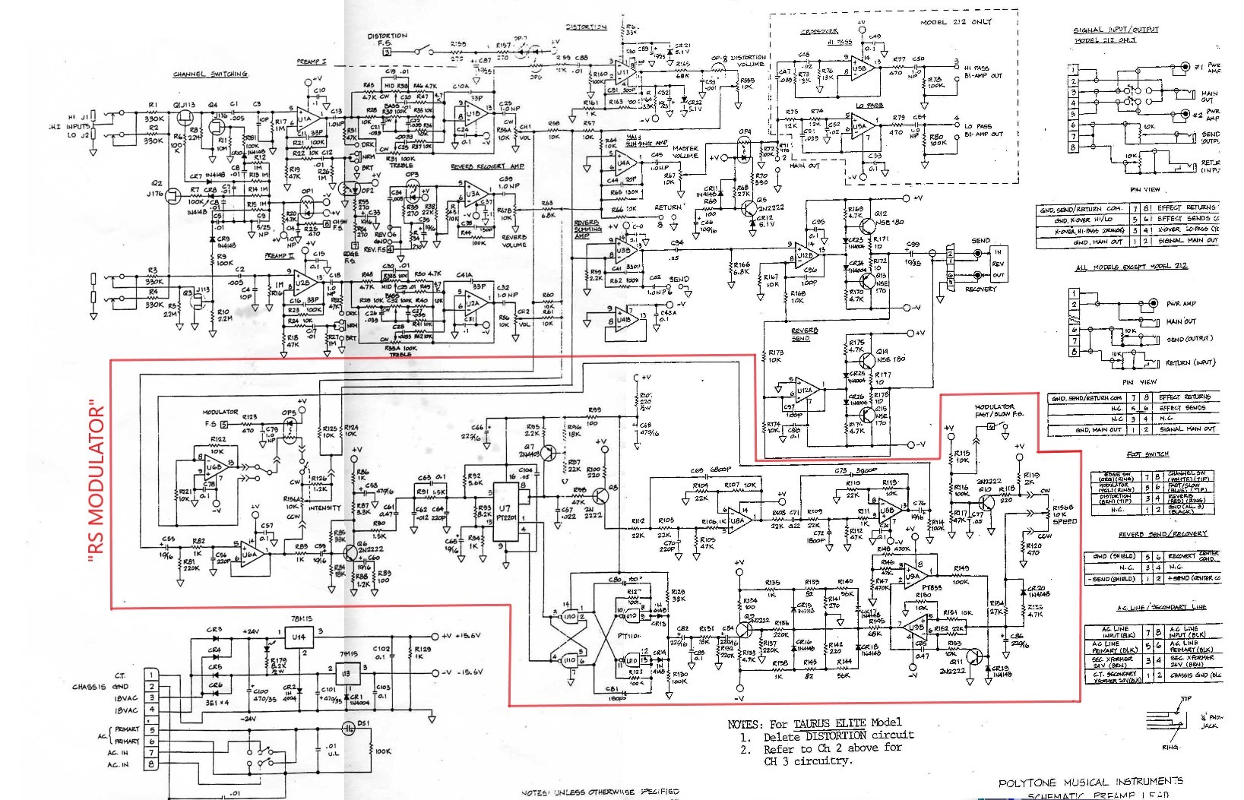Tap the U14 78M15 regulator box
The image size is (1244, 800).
pyautogui.click(x=299, y=637)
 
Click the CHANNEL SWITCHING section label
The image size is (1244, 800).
pyautogui.click(x=210, y=74)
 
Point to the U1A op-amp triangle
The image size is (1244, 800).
pyautogui.click(x=306, y=119)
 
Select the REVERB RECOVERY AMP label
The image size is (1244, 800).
pyautogui.click(x=487, y=166)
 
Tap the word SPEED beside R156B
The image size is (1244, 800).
pyautogui.click(x=1065, y=521)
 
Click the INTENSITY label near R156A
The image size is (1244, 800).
pyautogui.click(x=324, y=508)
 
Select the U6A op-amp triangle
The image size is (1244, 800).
pyautogui.click(x=252, y=554)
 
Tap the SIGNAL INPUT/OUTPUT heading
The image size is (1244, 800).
pyautogui.click(x=1116, y=30)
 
